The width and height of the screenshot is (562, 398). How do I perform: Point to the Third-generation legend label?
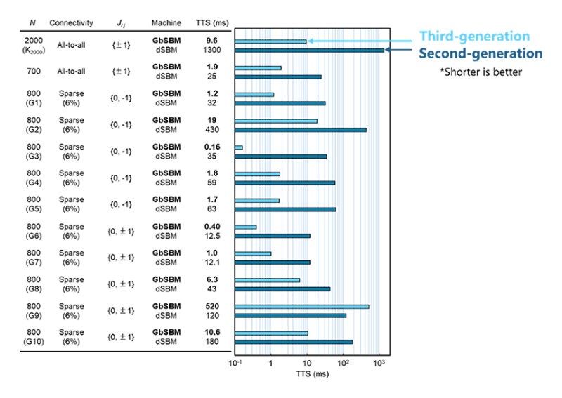pyautogui.click(x=475, y=37)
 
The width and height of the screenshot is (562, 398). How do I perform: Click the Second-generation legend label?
pyautogui.click(x=481, y=54)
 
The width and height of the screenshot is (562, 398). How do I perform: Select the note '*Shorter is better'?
pyautogui.click(x=481, y=72)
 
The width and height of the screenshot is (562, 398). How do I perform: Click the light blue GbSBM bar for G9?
pyautogui.click(x=301, y=307)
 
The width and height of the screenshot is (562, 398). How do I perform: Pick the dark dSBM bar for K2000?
pyautogui.click(x=309, y=50)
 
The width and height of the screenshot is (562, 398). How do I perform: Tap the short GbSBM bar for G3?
pyautogui.click(x=239, y=147)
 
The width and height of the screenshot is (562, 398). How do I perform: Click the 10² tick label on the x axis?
pyautogui.click(x=343, y=364)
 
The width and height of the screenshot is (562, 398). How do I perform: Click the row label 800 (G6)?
pyautogui.click(x=32, y=231)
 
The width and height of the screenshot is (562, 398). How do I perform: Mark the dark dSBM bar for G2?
pyautogui.click(x=301, y=130)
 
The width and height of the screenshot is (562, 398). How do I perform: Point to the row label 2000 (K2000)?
pyautogui.click(x=32, y=46)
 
